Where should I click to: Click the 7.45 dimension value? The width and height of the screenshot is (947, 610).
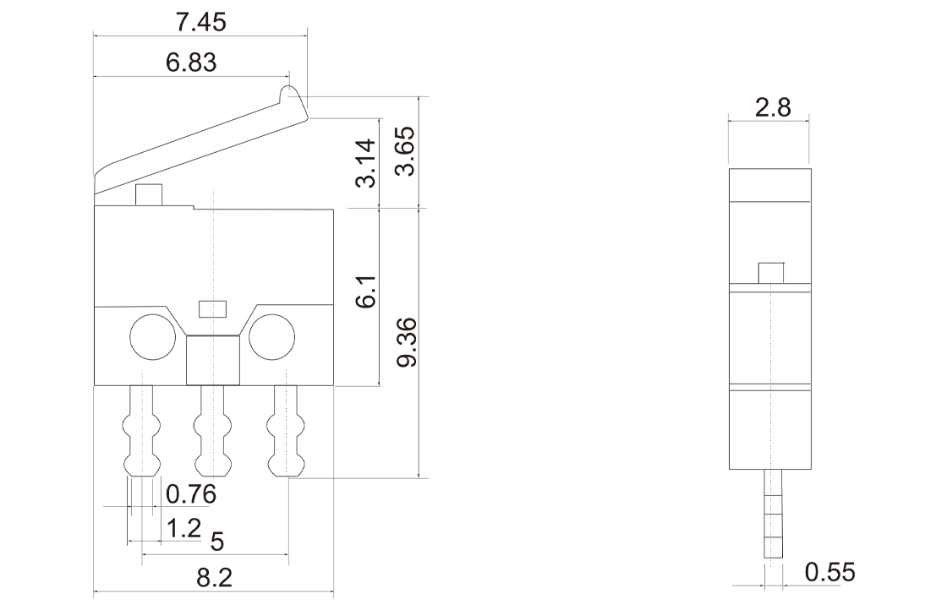(x=200, y=22)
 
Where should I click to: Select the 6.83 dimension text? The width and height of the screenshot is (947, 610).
(x=191, y=63)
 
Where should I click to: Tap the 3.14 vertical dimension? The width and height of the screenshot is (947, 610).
(x=366, y=163)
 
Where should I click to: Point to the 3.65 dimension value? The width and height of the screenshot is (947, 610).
(x=405, y=151)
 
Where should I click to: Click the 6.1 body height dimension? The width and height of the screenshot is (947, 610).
(x=366, y=292)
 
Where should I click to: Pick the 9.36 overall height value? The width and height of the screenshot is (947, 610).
(x=407, y=342)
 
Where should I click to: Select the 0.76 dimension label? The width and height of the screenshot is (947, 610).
(x=191, y=494)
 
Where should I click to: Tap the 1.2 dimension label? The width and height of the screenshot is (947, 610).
(x=183, y=528)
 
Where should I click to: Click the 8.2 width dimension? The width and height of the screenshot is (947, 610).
(x=215, y=577)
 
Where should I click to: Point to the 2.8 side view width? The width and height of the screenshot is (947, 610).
(x=773, y=107)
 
